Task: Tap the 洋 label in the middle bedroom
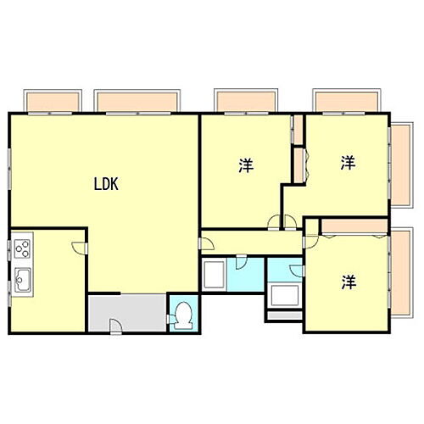[245, 165]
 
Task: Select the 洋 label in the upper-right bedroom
[348, 162]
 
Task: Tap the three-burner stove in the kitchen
[21, 249]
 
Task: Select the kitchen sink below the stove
[21, 277]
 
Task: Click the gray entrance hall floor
[127, 312]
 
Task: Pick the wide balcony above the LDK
[137, 102]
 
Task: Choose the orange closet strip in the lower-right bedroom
[355, 225]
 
